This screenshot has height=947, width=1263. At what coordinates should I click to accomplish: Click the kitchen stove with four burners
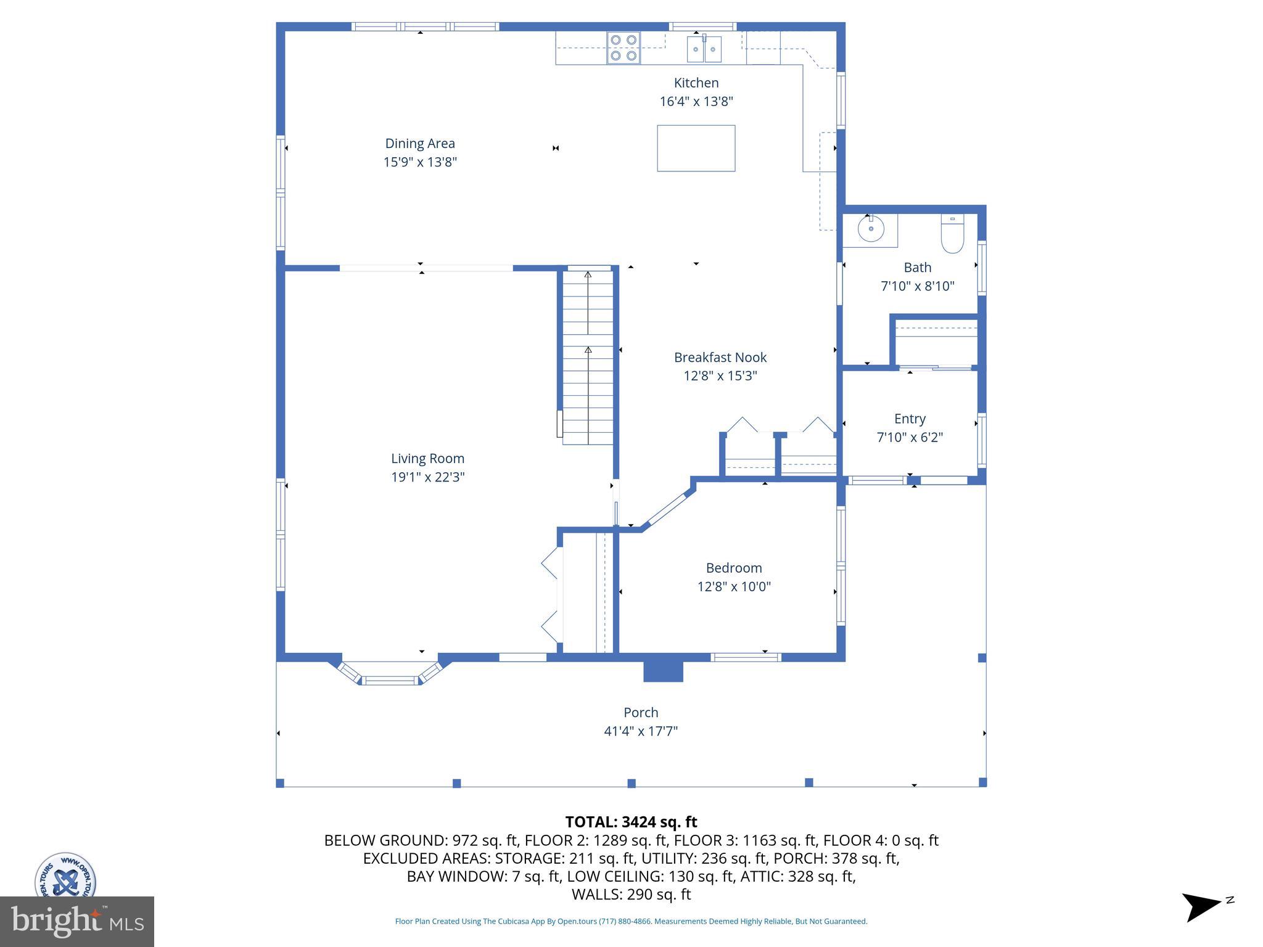(623, 48)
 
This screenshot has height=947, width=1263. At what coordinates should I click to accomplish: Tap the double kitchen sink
(704, 49)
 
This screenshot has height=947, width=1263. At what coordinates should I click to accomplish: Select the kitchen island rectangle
(696, 148)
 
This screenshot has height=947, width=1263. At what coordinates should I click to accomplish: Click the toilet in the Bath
(952, 234)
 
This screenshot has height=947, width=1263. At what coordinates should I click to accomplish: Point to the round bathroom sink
(870, 229)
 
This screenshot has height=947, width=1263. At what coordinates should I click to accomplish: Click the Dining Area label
(420, 143)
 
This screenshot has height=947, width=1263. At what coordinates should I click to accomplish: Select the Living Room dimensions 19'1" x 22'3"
(427, 477)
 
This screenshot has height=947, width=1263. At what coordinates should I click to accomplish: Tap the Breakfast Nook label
(720, 358)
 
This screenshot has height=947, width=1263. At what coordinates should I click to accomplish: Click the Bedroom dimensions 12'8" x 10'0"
(734, 586)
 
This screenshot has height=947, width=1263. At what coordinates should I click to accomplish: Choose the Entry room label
(910, 419)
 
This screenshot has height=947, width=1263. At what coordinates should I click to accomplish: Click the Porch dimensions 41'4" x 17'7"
(641, 731)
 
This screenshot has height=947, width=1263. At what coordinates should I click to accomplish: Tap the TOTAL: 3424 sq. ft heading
(631, 822)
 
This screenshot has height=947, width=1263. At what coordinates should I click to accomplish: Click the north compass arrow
(1202, 906)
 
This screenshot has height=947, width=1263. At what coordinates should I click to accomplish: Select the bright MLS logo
(77, 921)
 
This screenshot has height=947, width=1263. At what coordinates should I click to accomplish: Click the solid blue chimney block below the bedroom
(663, 671)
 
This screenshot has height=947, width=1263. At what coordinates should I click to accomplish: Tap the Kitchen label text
(696, 83)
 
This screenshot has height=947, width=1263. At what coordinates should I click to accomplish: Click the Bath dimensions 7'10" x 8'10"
(917, 286)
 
